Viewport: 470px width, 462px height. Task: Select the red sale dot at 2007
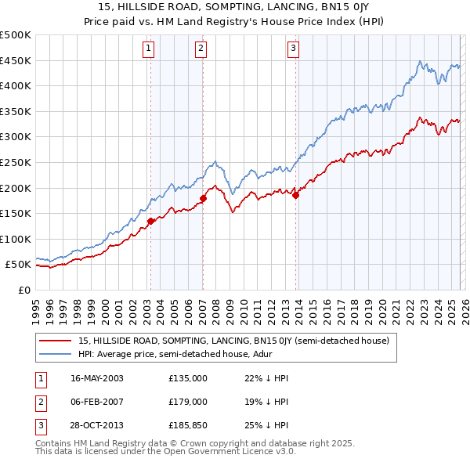point(203,198)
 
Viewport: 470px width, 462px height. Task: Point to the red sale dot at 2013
point(296,195)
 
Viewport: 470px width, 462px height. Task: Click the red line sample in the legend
point(55,341)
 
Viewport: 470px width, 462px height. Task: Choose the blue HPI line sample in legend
point(55,354)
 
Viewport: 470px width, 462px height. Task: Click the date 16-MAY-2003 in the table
point(97,378)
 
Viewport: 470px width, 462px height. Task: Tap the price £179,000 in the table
point(188,402)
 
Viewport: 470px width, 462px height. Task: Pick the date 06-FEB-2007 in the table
point(97,402)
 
